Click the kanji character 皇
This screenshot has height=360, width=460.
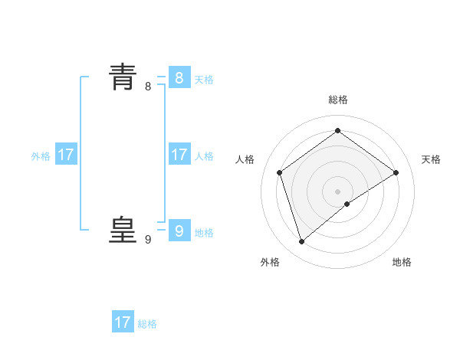[123, 229]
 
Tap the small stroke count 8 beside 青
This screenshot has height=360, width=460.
[148, 87]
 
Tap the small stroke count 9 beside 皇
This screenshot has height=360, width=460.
[148, 240]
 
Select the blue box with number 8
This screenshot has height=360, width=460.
[179, 78]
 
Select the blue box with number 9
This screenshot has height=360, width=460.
[179, 231]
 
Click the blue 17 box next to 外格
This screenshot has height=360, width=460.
[66, 155]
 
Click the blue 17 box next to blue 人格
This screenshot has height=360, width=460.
[179, 155]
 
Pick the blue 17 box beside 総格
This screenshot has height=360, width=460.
[123, 322]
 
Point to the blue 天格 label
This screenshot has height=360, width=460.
[204, 80]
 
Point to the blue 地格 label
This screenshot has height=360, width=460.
[204, 233]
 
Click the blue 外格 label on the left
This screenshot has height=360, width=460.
[41, 156]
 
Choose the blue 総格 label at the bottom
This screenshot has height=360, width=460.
[147, 324]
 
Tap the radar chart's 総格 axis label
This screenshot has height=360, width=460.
[338, 100]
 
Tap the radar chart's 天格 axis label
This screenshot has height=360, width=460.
[431, 159]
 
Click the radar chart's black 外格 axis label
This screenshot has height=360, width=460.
[270, 262]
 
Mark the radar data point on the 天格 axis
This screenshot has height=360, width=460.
[396, 172]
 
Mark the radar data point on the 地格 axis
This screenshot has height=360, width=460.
[347, 204]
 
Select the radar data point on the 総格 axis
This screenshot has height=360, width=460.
[338, 131]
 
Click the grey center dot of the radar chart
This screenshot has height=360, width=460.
[338, 191]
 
